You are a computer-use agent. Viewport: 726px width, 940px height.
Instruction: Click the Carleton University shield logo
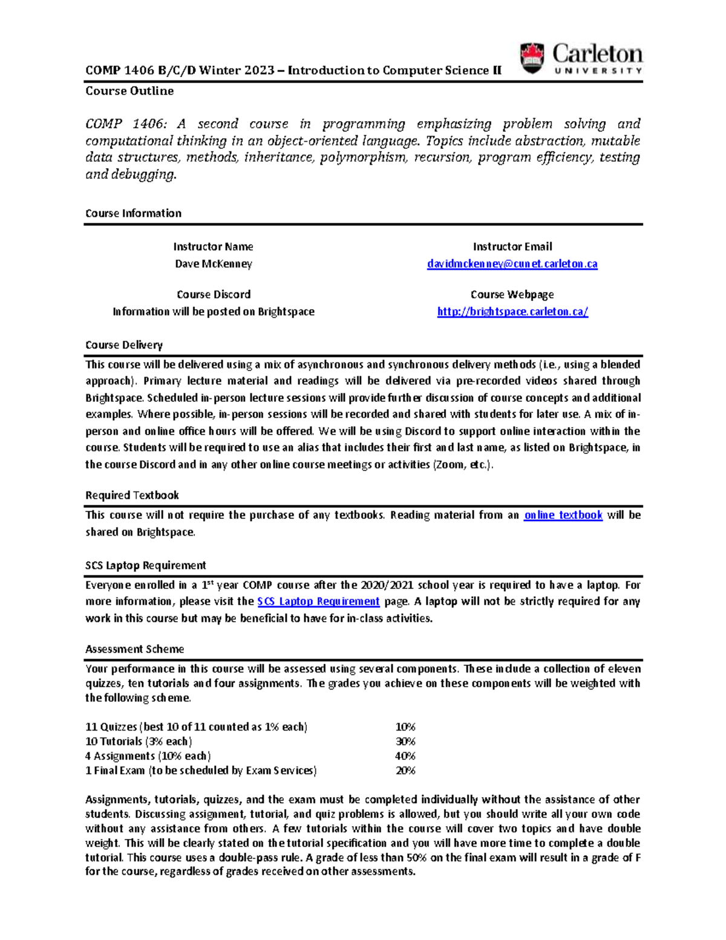click(x=532, y=58)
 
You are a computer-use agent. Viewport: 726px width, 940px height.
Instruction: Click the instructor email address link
click(x=512, y=264)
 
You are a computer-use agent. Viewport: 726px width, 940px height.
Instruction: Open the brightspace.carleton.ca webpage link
click(x=512, y=312)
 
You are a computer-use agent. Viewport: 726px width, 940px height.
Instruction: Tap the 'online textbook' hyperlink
click(x=563, y=515)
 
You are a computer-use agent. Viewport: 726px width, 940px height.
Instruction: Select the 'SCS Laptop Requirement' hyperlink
click(x=318, y=602)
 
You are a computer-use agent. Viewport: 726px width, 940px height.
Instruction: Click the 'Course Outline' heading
click(x=129, y=91)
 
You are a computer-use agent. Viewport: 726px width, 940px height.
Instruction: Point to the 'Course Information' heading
click(x=133, y=213)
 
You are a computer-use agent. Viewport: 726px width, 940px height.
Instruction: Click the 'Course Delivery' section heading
click(x=124, y=345)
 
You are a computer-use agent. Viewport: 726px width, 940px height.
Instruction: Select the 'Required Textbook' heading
click(x=132, y=495)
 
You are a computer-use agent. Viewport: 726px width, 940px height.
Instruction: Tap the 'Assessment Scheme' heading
click(x=134, y=649)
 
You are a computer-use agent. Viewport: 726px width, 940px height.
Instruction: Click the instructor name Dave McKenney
click(x=214, y=264)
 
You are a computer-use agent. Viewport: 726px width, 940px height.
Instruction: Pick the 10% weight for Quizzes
click(x=405, y=727)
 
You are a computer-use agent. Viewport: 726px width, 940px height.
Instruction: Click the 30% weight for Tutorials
click(x=405, y=741)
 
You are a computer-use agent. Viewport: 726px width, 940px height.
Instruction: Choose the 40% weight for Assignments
click(x=405, y=756)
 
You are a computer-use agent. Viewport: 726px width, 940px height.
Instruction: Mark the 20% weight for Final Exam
click(x=405, y=771)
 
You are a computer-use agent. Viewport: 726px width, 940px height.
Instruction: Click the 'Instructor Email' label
click(x=512, y=246)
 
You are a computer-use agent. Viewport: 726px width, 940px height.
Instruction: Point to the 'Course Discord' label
click(x=214, y=295)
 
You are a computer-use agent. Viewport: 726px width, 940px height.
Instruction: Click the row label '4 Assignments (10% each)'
click(x=148, y=756)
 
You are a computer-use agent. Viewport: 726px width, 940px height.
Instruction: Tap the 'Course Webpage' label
click(x=512, y=295)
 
